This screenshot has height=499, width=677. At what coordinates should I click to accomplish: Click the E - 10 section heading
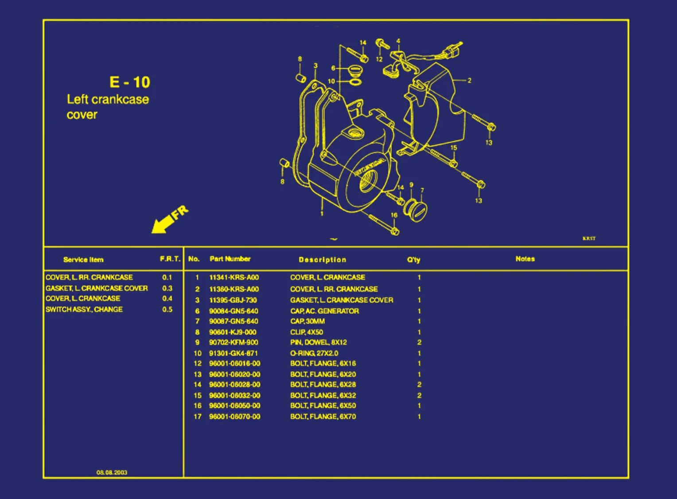tap(130, 82)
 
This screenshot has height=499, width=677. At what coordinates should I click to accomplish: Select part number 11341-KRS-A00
tap(234, 278)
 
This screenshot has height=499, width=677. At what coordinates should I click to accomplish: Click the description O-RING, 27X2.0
tap(314, 353)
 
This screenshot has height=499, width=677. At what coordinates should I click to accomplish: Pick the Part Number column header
tap(230, 259)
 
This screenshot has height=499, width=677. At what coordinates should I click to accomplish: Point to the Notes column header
tap(525, 259)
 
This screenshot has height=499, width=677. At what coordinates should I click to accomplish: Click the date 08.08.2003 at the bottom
tap(112, 472)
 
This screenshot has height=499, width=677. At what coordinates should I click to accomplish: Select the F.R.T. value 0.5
tap(167, 309)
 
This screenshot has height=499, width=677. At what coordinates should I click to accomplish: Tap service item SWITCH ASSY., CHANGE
tap(84, 309)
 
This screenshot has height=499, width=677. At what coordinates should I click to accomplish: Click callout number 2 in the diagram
tap(469, 81)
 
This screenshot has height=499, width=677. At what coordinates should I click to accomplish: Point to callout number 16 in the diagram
tap(394, 215)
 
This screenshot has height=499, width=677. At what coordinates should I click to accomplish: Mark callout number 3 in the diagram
tap(315, 66)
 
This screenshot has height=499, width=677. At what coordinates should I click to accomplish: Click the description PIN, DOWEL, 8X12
tap(319, 342)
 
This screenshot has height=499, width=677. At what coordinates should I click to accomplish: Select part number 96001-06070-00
tap(235, 417)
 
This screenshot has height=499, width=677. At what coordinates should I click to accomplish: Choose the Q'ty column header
tap(413, 260)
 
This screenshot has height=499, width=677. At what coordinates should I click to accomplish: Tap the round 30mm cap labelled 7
tap(416, 211)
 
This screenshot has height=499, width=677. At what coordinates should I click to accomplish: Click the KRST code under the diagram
tap(589, 239)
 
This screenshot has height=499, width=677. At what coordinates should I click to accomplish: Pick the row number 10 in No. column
tap(198, 353)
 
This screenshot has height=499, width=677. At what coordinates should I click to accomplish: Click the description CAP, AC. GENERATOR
tap(324, 311)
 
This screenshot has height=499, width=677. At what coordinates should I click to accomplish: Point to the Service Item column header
tap(83, 260)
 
